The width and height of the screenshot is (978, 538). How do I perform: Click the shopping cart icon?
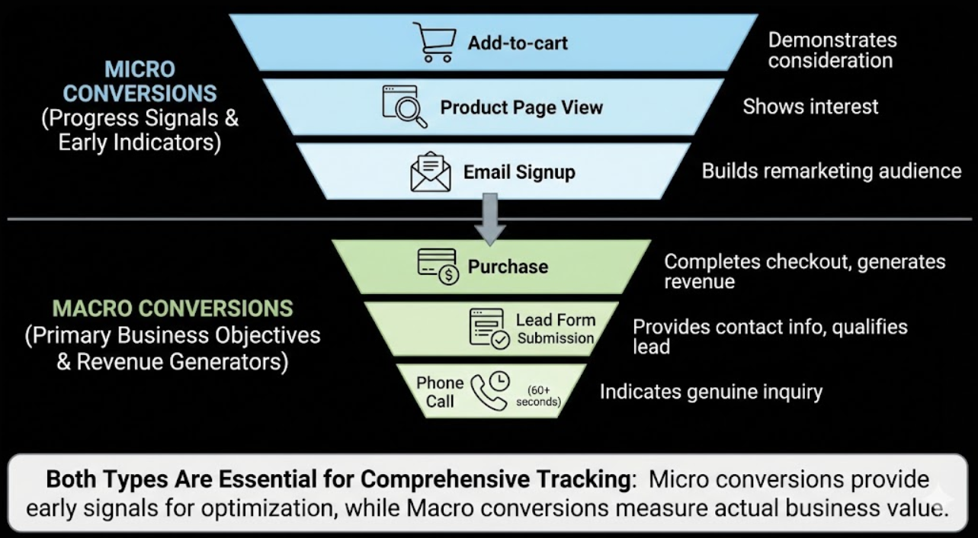(x=434, y=42)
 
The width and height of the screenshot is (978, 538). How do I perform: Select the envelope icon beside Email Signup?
(x=431, y=171)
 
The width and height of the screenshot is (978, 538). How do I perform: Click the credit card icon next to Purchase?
(x=438, y=267)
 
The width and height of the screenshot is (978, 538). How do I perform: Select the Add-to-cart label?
(x=518, y=43)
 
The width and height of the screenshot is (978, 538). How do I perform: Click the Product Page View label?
(x=521, y=107)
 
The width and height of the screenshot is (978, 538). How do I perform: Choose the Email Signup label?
(x=519, y=172)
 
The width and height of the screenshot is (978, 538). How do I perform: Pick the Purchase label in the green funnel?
(x=508, y=267)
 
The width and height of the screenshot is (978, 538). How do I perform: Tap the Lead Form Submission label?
(x=555, y=328)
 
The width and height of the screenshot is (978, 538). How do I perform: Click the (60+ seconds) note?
(x=538, y=396)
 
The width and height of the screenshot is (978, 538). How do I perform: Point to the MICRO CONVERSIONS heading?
(x=139, y=82)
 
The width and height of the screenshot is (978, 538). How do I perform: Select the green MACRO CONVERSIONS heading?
(x=172, y=309)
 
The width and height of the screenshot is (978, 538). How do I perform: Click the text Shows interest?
(x=810, y=107)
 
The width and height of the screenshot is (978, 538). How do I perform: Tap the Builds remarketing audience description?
(x=831, y=171)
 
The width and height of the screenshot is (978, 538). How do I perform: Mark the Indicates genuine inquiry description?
(x=710, y=392)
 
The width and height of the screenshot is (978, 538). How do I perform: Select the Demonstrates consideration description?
(x=832, y=50)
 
